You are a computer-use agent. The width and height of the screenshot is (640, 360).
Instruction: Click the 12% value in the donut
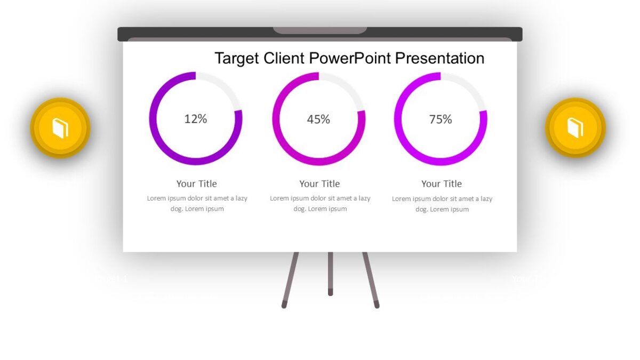(196, 119)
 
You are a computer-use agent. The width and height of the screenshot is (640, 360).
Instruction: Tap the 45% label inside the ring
(318, 119)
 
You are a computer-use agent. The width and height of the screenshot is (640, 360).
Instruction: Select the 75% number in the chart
(441, 119)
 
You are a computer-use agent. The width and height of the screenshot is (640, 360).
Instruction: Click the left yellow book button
(60, 128)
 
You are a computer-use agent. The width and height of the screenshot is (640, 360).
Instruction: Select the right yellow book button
(575, 128)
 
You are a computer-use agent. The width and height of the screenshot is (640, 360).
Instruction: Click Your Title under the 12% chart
(197, 183)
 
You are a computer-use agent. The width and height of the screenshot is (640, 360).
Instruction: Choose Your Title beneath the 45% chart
(319, 183)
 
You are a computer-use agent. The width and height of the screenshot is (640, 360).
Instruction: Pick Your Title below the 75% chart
(442, 183)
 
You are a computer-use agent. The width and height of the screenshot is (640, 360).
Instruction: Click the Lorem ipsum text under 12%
(197, 203)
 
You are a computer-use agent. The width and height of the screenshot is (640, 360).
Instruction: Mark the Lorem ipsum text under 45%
(320, 203)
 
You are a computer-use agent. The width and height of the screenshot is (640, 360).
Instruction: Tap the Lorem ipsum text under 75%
(442, 204)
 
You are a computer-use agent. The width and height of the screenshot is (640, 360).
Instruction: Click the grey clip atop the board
(320, 30)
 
